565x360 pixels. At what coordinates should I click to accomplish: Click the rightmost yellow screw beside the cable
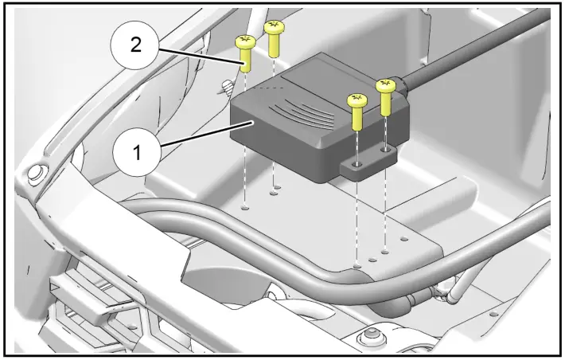(387, 95)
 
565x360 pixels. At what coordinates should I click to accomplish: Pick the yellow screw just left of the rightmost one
(356, 111)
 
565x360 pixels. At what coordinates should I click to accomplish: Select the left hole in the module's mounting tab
(357, 165)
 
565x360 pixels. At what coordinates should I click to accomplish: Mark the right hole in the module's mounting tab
(385, 149)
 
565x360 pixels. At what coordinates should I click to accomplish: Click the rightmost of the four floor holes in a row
(404, 237)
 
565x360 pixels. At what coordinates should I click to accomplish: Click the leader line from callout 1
(203, 133)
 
